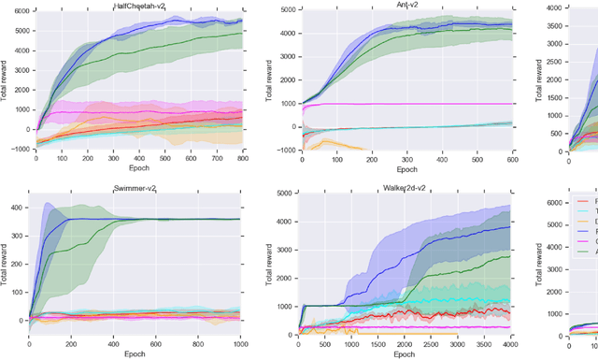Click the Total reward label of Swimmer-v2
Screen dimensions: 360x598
(x=6, y=263)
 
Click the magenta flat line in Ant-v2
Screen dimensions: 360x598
(x=420, y=104)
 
